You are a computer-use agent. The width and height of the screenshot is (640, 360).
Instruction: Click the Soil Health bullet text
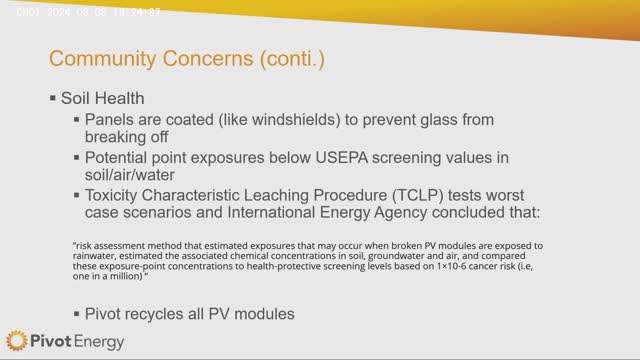coord(105,100)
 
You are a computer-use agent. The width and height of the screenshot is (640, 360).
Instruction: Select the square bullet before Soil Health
coord(52,100)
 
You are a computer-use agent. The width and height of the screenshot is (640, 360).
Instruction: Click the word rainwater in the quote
coord(95,256)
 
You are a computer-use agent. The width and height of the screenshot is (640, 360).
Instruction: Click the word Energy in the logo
coord(98,342)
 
